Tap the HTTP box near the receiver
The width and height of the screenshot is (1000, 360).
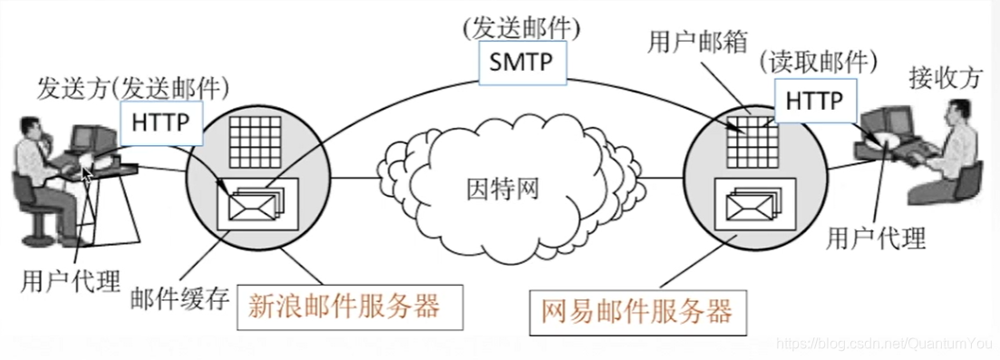[813, 100]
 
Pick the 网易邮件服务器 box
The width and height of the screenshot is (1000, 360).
[636, 311]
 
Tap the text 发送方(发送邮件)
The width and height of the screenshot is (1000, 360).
[132, 88]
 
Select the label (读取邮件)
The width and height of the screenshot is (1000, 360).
[819, 63]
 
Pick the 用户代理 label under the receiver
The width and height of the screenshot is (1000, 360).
[876, 239]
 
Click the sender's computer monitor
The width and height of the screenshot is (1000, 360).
[85, 139]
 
